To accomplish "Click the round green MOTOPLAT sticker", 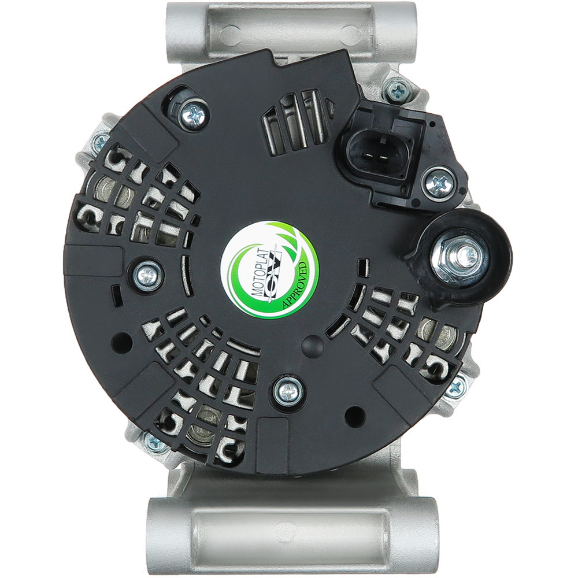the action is (269, 270).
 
